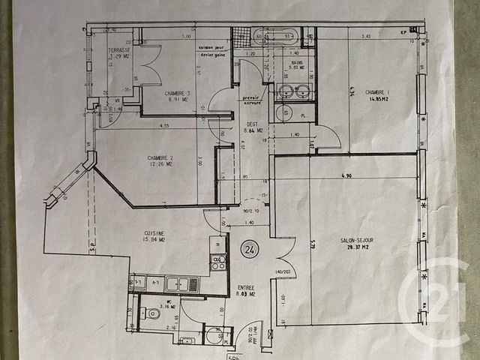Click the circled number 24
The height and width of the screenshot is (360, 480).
(x=247, y=247)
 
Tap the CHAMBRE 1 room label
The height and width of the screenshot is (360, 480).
(x=377, y=94)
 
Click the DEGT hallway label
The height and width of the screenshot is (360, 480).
(x=253, y=126)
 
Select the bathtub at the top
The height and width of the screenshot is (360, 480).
(x=273, y=35)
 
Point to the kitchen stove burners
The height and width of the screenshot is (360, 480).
(x=217, y=262)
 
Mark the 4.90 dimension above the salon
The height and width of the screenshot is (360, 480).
(x=346, y=176)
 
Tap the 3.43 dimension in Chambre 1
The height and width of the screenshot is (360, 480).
(x=366, y=36)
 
